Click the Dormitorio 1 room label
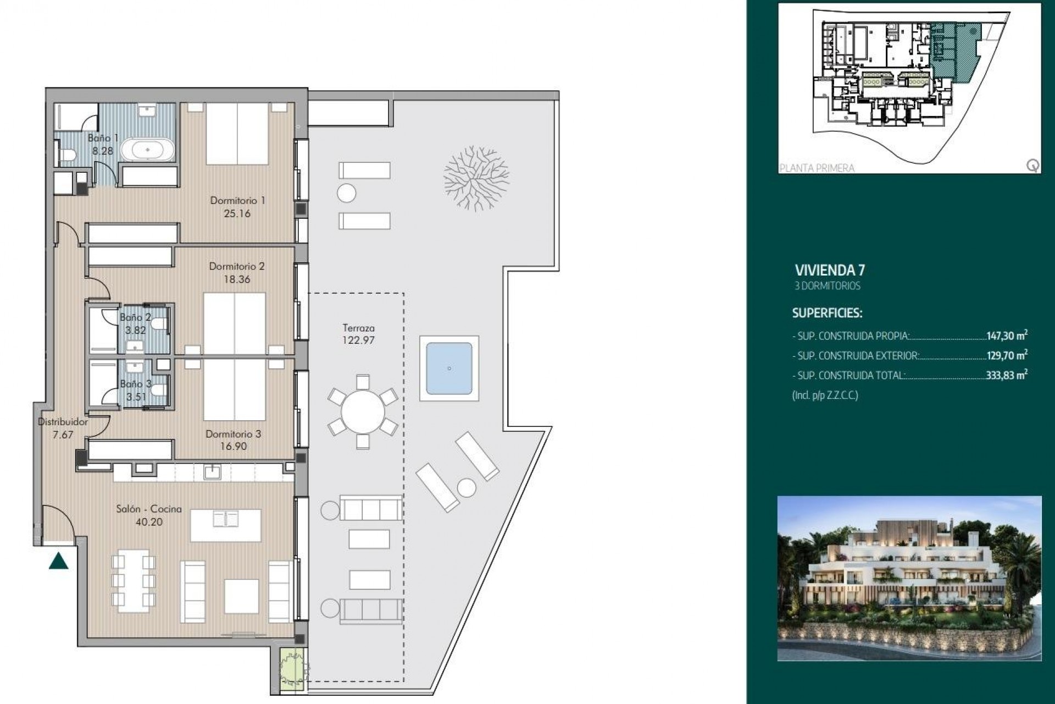pos(237,201)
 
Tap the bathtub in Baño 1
pos(148,149)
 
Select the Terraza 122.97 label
pos(358,334)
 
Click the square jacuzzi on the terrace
pos(449,368)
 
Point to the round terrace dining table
pos(363,411)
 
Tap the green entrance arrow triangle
pos(58,562)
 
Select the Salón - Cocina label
pos(149,509)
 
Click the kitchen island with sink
pos(226,525)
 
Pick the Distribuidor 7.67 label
pos(63,428)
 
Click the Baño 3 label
pos(135,384)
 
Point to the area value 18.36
pos(237,279)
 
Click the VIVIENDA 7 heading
pos(830,270)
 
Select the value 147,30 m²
pos(1007,335)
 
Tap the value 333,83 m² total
pos(1007,376)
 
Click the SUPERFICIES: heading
pos(827,313)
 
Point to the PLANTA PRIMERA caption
pos(817,168)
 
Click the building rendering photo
pos(909,577)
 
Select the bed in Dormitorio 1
pos(237,134)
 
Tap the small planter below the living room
pos(289,670)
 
